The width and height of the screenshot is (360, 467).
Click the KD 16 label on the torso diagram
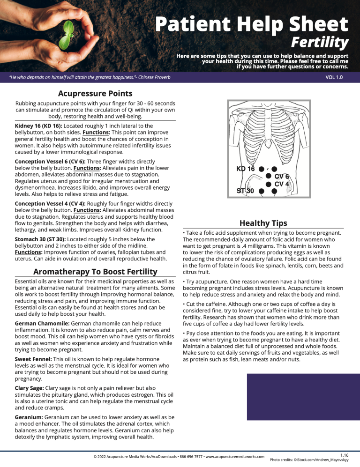point(245,169)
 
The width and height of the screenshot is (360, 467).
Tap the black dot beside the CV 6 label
point(269,176)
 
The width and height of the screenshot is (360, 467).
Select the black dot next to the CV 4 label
point(269,184)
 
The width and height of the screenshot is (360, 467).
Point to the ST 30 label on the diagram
point(246,191)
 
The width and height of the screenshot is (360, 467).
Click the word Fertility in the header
point(319,43)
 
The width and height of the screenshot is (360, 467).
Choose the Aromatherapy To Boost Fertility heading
point(95,272)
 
